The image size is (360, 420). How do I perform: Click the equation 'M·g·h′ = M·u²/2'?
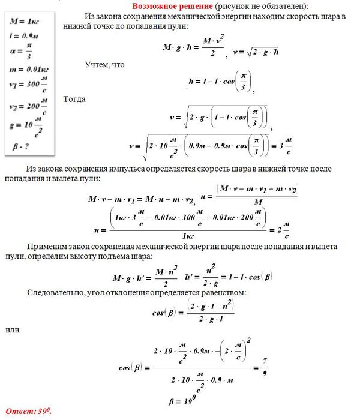point(144,277)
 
